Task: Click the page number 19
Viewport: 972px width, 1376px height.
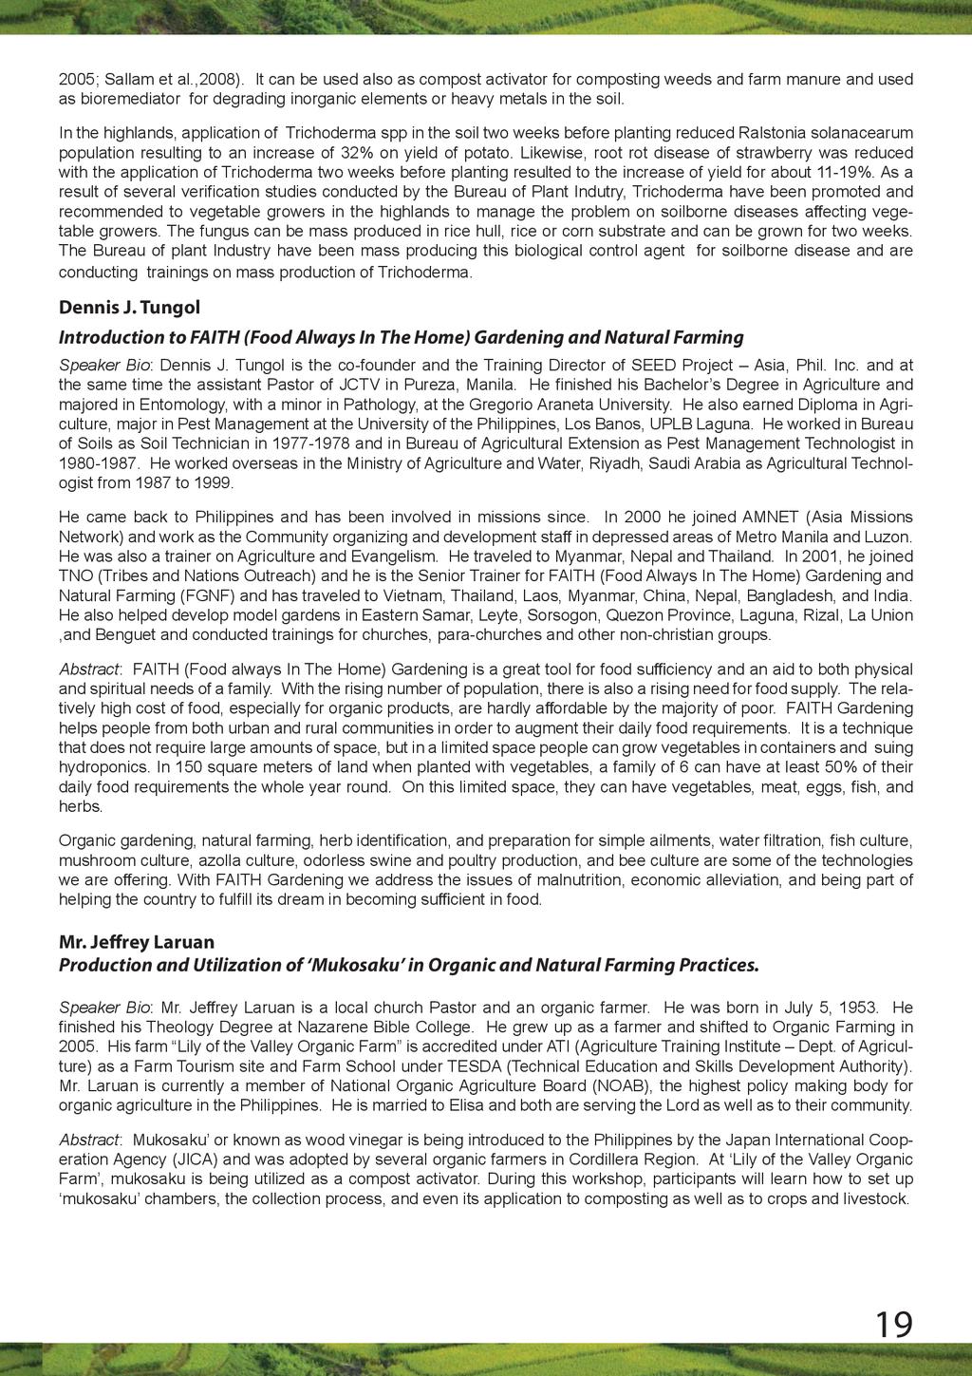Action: (893, 1324)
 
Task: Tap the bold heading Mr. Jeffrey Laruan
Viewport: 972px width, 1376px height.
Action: (137, 942)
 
